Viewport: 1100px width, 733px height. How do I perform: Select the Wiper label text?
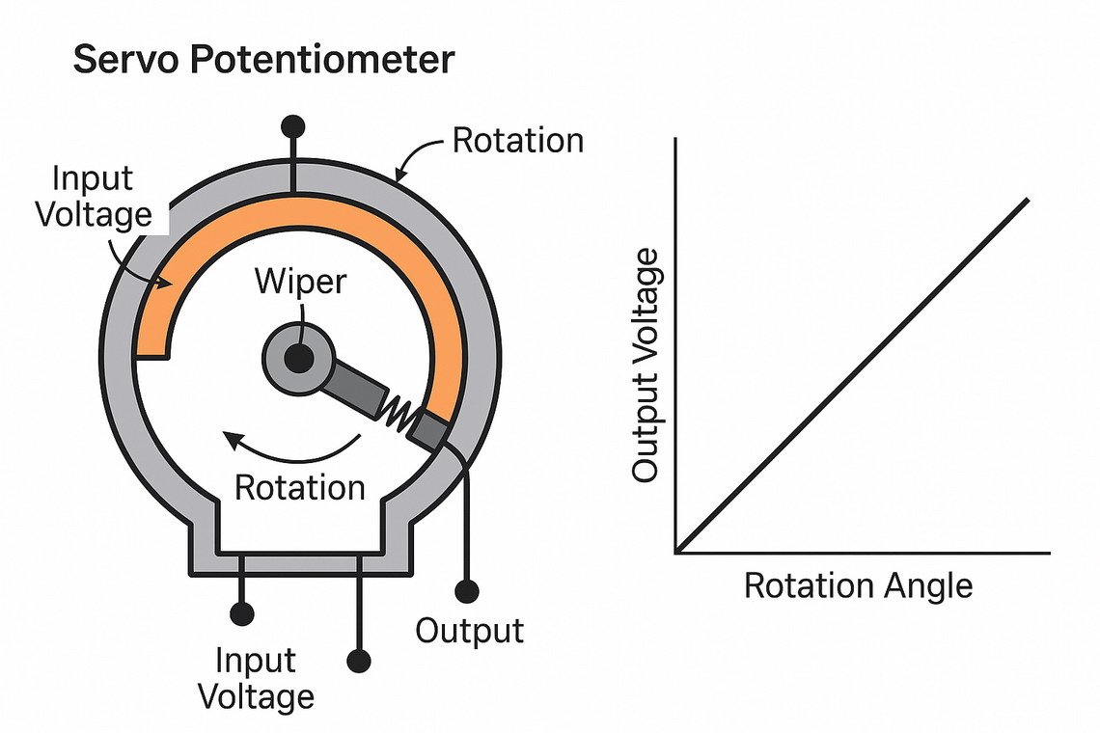click(299, 282)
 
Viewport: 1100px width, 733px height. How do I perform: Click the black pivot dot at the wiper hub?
click(299, 359)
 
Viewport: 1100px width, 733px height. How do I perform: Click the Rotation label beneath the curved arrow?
click(300, 487)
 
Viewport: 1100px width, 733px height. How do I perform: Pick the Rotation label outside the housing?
click(518, 141)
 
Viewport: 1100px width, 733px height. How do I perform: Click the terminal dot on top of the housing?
click(292, 126)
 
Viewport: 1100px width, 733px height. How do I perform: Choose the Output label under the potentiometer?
click(470, 631)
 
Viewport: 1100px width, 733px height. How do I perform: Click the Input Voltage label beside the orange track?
click(94, 196)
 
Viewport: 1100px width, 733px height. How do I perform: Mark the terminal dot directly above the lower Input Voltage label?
click(241, 612)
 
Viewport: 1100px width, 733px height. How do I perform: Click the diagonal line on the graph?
click(854, 376)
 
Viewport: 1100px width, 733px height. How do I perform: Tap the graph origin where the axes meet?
click(677, 553)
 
